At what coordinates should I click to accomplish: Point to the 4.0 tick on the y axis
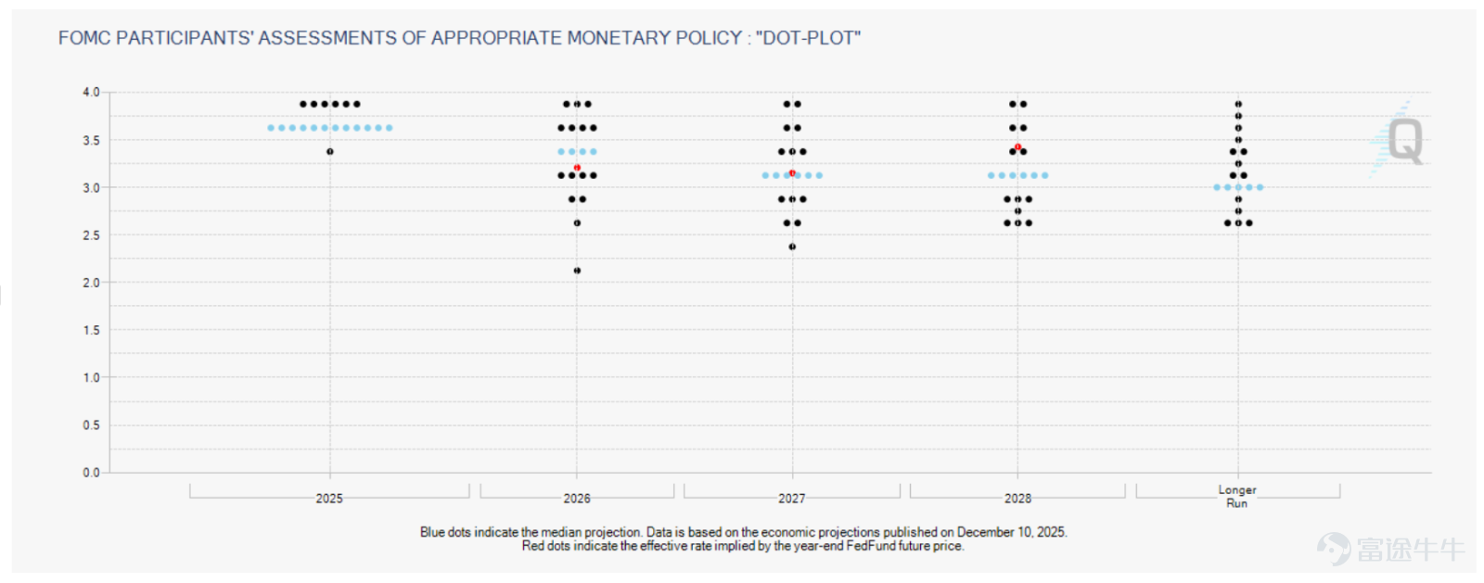coord(91,92)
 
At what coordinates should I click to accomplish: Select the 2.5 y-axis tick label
coord(91,234)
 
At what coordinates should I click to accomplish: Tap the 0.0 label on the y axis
coord(91,473)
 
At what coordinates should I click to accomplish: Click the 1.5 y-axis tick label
coord(91,330)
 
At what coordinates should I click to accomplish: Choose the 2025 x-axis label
coord(329,499)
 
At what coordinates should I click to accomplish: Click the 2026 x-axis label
coord(577,499)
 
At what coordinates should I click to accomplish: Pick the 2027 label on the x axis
coord(792,499)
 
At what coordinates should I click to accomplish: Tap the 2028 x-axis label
coord(1017,499)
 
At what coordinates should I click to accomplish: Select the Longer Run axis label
coord(1237,496)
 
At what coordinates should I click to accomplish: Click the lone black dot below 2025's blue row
coord(330,151)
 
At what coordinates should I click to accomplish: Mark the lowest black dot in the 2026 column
coord(577,270)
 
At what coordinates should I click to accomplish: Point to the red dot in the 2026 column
coord(577,168)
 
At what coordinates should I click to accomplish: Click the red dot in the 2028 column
coord(1017,146)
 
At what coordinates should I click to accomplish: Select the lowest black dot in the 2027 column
coord(792,247)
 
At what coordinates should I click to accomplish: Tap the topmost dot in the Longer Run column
coord(1238,104)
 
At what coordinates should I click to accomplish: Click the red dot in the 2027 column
coord(792,172)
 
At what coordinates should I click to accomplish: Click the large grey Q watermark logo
coord(1404,140)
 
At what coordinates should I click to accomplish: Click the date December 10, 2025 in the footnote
coord(1011,532)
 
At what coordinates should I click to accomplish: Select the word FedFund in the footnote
coord(870,546)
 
